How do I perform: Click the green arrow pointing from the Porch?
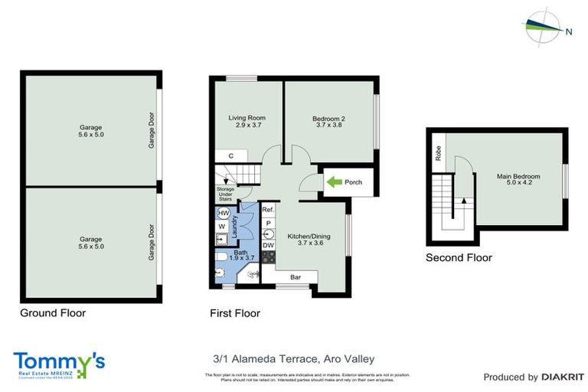coord(334,182)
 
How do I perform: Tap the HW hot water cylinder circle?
coord(224,213)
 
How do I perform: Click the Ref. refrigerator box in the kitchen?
coord(268,210)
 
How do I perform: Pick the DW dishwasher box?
coord(268,245)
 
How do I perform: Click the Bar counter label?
coord(294,277)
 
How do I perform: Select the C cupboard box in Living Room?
coord(230,156)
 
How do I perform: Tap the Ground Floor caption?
coord(53,312)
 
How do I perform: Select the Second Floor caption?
coord(459,258)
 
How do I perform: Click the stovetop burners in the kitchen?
coord(268,257)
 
